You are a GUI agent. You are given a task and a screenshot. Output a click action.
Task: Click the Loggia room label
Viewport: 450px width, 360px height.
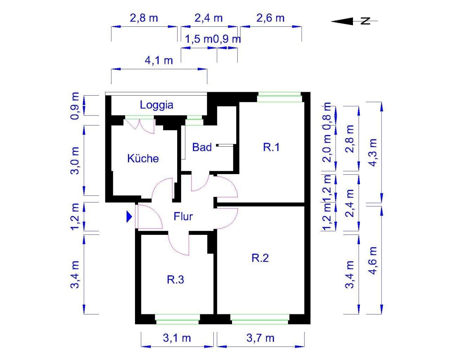click(x=156, y=105)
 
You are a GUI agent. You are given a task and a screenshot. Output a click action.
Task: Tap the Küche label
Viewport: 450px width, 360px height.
click(x=143, y=158)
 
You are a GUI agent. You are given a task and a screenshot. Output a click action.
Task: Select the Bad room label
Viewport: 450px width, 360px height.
click(x=202, y=147)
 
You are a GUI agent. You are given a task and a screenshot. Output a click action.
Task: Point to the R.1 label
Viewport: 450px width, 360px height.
click(x=271, y=147)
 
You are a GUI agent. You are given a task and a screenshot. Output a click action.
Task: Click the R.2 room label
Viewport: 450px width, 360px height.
click(x=260, y=258)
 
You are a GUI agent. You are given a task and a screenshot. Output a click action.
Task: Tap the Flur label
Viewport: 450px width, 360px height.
click(x=183, y=216)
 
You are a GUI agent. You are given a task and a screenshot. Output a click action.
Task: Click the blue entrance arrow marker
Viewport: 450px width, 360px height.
click(x=129, y=217)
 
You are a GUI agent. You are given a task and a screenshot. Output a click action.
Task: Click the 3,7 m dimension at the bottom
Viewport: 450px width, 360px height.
click(x=261, y=338)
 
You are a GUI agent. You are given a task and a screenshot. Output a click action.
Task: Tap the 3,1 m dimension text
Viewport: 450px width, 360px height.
click(x=177, y=338)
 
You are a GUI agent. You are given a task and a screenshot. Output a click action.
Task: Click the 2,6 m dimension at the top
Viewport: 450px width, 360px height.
click(x=270, y=18)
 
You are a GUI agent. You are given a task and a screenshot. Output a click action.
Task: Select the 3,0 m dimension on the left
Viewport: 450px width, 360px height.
click(x=75, y=160)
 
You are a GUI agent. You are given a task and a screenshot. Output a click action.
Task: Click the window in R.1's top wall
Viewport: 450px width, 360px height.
click(x=280, y=97)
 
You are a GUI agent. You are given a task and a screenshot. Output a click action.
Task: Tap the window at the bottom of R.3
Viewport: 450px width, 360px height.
click(x=178, y=319)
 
